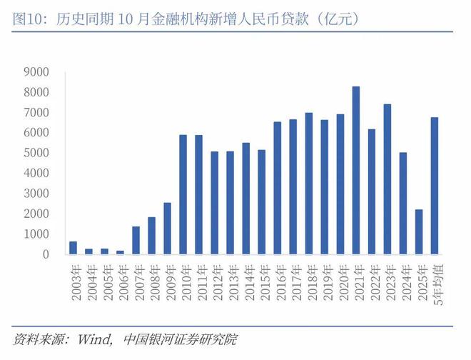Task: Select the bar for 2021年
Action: tap(355, 171)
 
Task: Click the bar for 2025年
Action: tap(418, 232)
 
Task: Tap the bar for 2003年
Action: tap(73, 248)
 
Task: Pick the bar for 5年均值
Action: tap(434, 186)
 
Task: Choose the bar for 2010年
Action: tap(183, 194)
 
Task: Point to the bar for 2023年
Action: tap(387, 179)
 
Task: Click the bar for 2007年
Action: tap(136, 240)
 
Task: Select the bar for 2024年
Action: tap(402, 204)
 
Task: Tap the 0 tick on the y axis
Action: tap(45, 254)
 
